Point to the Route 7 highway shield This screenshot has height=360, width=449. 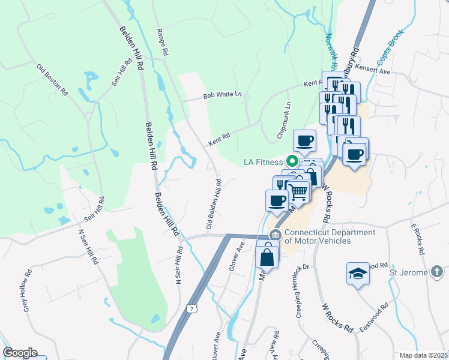tap(191, 308)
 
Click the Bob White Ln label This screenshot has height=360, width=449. tap(221, 95)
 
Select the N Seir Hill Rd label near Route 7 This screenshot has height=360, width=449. tap(178, 265)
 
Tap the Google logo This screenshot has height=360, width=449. tap(20, 353)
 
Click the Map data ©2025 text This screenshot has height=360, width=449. tap(423, 355)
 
